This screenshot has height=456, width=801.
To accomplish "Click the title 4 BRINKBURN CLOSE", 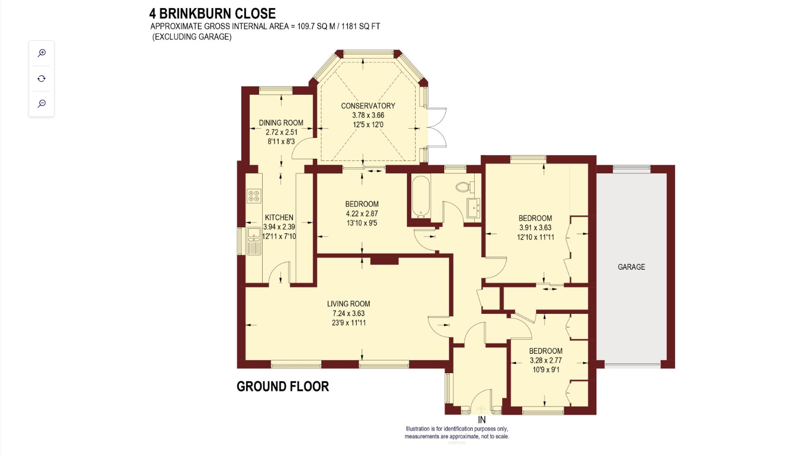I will (x=212, y=13).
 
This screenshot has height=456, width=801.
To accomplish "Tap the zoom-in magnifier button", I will (x=41, y=53).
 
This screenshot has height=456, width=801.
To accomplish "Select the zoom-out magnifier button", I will (x=41, y=103).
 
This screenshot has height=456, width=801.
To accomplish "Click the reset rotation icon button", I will (x=41, y=79).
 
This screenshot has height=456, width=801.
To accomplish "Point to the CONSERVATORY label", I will (x=368, y=106).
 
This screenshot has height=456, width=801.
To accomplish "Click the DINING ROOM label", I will (x=281, y=123).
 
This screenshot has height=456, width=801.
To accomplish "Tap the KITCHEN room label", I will (x=279, y=218).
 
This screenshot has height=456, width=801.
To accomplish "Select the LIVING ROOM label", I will (x=348, y=304).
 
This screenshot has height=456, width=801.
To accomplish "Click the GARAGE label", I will (x=631, y=267).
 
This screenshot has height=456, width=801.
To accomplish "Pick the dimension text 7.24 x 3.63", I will (x=348, y=313).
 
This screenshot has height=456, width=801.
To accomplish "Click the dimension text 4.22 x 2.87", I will (x=362, y=214).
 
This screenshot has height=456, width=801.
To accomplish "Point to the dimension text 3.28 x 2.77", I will (x=545, y=361).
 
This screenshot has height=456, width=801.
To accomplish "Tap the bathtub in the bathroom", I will (x=420, y=197).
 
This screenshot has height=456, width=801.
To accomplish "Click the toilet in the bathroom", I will (x=463, y=187).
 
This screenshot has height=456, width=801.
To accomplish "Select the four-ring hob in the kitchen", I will (x=254, y=196).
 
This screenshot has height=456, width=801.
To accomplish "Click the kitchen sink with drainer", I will (x=254, y=241).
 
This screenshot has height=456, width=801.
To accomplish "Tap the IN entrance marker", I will (x=481, y=420).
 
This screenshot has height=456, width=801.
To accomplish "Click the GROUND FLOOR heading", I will (x=283, y=387).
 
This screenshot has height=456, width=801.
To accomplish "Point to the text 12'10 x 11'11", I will (x=535, y=237).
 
